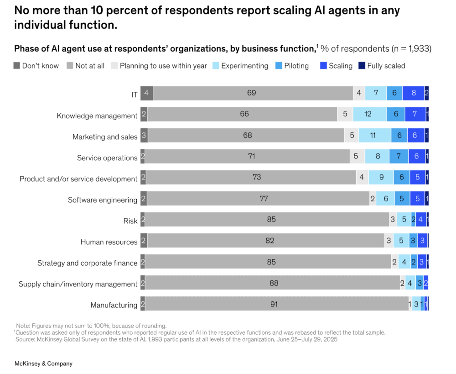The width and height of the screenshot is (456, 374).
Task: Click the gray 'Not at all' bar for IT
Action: pos(252,93)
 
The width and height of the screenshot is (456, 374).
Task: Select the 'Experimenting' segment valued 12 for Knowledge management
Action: pos(369,114)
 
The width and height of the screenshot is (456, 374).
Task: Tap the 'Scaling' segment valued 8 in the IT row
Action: pos(413,93)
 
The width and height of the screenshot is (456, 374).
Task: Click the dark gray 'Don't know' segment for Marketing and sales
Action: pos(144,135)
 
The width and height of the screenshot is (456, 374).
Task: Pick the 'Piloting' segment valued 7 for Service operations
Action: pos(399,156)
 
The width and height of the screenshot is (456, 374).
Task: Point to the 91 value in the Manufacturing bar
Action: pos(274,304)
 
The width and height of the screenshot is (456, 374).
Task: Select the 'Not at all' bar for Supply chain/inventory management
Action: pos(273,283)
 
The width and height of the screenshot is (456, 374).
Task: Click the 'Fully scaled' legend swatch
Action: pos(362,66)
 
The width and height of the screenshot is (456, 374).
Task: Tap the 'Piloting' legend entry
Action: pos(296,66)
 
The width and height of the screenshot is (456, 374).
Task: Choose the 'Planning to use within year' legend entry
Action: pos(163,66)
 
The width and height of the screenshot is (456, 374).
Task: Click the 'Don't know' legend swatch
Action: pos(17,66)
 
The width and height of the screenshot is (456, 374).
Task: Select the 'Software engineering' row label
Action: pos(103,200)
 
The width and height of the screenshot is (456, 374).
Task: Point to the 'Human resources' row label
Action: pos(109,242)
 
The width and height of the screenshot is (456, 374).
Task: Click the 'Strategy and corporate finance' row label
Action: pos(87,263)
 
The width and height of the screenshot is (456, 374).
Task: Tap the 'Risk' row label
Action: pos(130,221)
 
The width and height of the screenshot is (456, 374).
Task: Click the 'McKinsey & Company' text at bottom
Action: pos(43,364)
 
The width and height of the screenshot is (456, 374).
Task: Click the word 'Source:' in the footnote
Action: pos(26,339)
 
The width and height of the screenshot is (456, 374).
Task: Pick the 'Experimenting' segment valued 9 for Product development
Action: pos(382,177)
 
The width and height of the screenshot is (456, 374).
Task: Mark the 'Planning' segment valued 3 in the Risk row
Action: pos(393,220)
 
